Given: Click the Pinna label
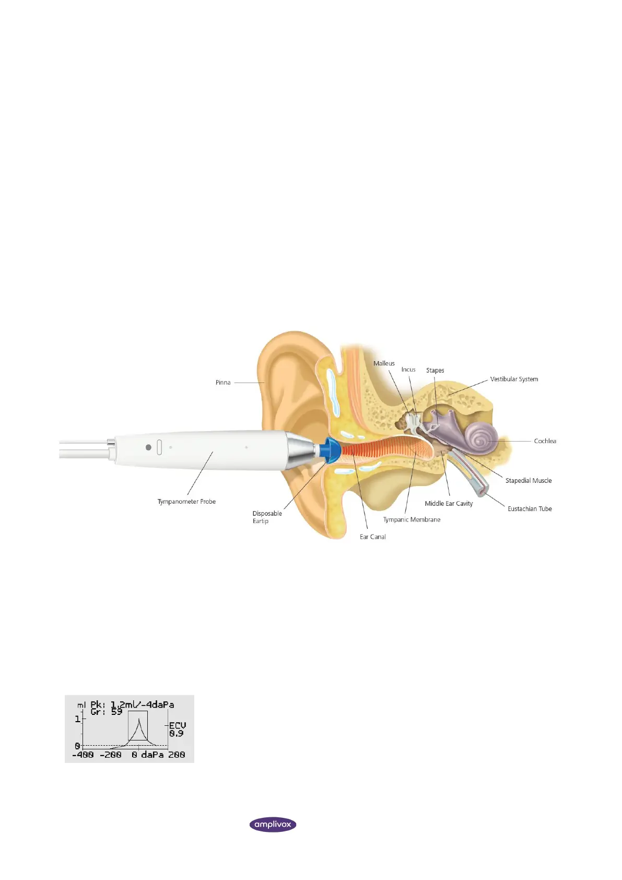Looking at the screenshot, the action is tap(223, 383).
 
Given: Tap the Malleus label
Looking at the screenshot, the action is tap(384, 363).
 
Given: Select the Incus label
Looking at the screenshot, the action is tap(408, 369).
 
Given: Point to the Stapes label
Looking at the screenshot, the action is tap(435, 370).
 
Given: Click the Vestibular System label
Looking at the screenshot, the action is tap(514, 379).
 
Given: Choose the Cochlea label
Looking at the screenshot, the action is tap(545, 441).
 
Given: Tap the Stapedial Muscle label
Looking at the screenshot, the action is tap(528, 481).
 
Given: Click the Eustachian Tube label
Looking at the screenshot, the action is tap(530, 508).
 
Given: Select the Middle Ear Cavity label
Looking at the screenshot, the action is tap(449, 504).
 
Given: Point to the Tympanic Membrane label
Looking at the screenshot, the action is tap(412, 519).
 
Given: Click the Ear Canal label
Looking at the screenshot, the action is tap(373, 537).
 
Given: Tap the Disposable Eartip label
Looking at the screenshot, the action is tap(267, 517).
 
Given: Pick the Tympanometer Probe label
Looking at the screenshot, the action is tap(186, 502).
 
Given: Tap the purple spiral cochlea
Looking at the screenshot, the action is tap(480, 437).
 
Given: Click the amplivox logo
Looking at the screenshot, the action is tap(273, 825).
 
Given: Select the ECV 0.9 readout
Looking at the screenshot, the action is tap(177, 730).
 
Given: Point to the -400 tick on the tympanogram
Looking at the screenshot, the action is tap(83, 755).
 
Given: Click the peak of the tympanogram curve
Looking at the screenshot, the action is tap(138, 720).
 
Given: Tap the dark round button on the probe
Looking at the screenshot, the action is tap(148, 447).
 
